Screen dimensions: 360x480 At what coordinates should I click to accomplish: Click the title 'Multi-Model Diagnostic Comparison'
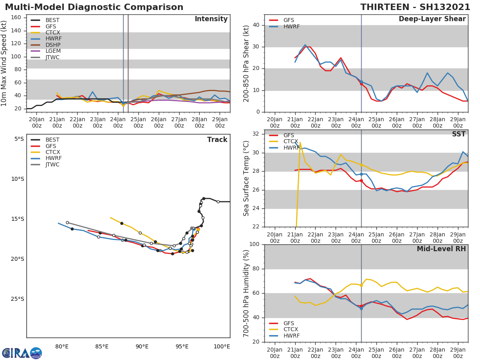point(94,7)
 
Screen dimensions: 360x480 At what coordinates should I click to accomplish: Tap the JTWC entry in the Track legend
point(52,164)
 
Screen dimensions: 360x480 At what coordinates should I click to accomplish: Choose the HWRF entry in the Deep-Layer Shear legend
point(291,26)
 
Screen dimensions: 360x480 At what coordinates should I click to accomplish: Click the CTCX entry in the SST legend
point(291,142)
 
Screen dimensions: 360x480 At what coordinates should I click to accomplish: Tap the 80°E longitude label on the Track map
point(62,346)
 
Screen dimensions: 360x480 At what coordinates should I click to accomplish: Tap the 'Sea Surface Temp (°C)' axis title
point(246,178)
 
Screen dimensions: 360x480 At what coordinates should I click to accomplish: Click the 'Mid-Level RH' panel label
point(441,249)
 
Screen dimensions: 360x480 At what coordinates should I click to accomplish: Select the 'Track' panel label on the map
point(217,140)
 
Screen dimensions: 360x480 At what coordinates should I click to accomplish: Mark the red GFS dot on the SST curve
point(361,181)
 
